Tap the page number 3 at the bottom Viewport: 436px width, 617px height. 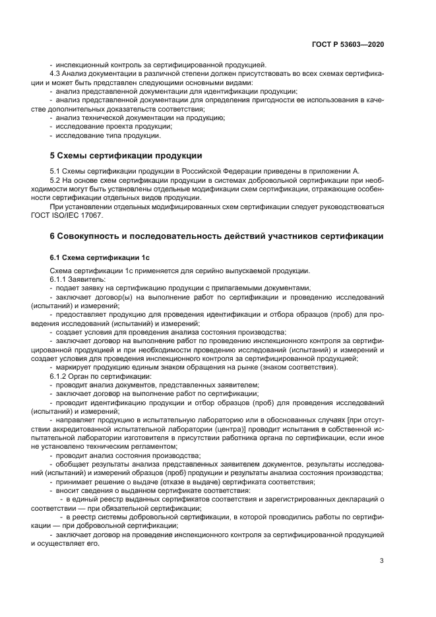click(381, 561)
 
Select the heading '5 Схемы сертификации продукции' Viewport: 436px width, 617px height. click(126, 156)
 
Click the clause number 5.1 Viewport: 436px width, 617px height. click(56, 172)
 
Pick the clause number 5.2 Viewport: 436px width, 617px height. click(56, 180)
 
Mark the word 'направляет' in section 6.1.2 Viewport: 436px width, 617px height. click(77, 420)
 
